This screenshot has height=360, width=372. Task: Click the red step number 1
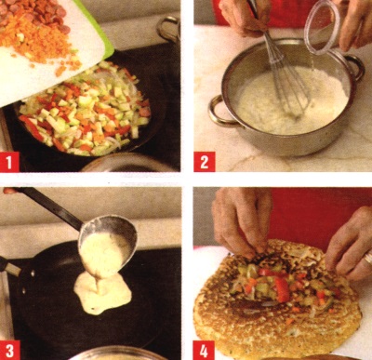point(9,162)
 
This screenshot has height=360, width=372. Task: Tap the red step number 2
point(205,162)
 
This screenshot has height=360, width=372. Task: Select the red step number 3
point(10,351)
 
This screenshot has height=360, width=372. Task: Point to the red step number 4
point(204,351)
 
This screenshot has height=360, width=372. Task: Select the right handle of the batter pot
point(355,67)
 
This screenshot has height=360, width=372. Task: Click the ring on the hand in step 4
point(368,258)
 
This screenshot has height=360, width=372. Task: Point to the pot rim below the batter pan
point(114,353)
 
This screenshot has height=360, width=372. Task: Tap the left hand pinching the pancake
point(240,221)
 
